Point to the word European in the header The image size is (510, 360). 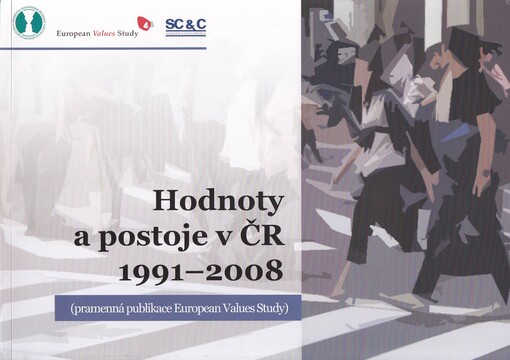[71, 30]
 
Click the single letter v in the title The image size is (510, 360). [235, 238]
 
